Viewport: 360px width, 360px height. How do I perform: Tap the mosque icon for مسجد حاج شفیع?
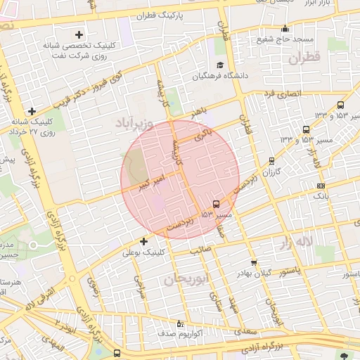click(285, 29)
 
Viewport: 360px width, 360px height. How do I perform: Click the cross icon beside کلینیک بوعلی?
click(144, 242)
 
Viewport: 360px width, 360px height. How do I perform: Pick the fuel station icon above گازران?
click(272, 161)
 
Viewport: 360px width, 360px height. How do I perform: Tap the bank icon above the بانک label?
click(321, 186)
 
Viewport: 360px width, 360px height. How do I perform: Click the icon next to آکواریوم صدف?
click(180, 324)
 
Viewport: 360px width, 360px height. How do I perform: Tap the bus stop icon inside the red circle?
click(215, 205)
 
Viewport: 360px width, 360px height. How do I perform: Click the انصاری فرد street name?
click(282, 92)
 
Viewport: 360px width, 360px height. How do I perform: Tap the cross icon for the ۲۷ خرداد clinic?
click(32, 111)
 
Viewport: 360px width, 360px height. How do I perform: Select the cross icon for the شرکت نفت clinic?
click(79, 34)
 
